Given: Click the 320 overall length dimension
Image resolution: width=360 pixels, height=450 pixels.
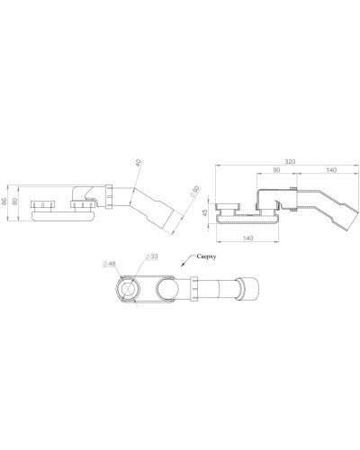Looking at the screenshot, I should [x=288, y=163].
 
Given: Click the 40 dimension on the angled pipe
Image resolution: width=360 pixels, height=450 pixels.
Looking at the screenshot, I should [x=138, y=164].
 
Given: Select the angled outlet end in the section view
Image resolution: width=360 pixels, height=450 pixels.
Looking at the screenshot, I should [x=340, y=218].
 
